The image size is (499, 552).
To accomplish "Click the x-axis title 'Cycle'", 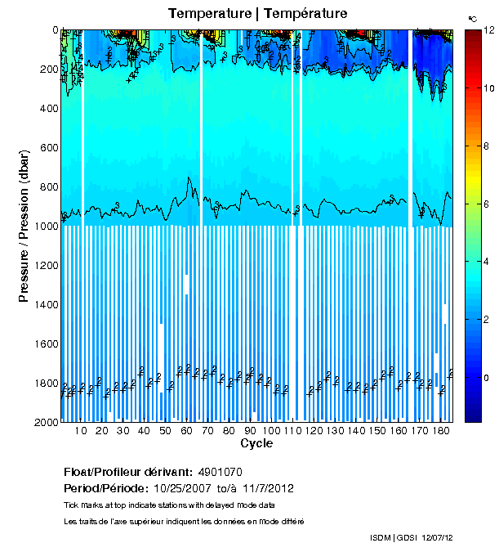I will (252, 443).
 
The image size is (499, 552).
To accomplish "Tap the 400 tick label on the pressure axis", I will (48, 109).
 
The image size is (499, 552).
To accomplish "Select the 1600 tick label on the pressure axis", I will (45, 344).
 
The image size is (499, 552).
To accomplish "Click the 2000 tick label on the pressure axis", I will (45, 423).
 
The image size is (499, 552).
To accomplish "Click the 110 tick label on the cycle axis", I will (293, 431).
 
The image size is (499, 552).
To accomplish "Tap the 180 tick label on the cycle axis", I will (441, 431).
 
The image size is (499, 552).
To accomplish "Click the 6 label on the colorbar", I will (486, 204).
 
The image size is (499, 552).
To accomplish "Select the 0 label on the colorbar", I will (486, 378).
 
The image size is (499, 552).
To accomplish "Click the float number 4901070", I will (219, 473).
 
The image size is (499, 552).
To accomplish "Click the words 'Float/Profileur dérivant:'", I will (127, 473).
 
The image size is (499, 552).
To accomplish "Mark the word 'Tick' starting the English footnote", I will (71, 505).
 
